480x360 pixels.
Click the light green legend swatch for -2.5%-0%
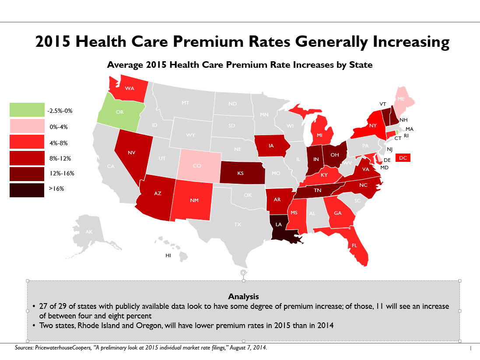pos(27,110)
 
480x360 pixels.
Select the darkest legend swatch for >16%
pos(27,190)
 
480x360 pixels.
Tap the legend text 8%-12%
pos(60,158)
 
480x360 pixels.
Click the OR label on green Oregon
pos(119,112)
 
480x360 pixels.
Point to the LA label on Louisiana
pos(279,225)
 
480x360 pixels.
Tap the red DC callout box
pos(403,158)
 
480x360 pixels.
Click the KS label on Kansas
pos(240,173)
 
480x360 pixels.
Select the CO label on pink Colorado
pos(197,166)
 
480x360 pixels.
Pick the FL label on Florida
pos(354,245)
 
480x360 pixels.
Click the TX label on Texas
pos(237,224)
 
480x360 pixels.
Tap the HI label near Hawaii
pos(168,255)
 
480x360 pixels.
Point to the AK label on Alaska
pos(89,231)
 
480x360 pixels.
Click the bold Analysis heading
pos(243,297)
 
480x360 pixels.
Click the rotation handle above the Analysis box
pos(244,273)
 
